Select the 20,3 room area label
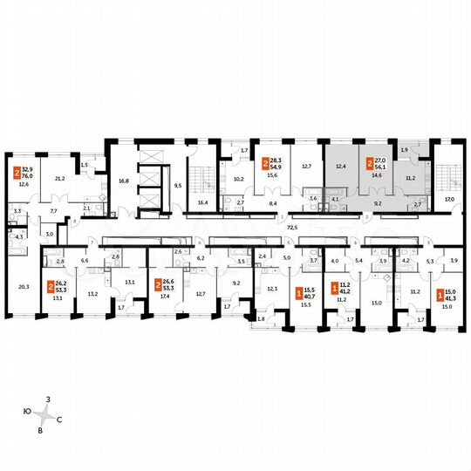(23, 285)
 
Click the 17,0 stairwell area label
(450, 199)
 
